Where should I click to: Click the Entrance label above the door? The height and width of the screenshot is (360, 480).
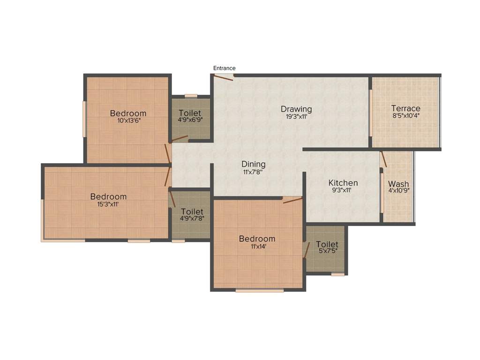tap(224, 68)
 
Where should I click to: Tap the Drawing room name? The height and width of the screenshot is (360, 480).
tap(296, 109)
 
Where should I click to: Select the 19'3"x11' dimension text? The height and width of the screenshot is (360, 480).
tap(296, 117)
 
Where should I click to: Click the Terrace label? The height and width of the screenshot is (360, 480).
tap(406, 108)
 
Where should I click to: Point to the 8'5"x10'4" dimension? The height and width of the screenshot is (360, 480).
tap(406, 116)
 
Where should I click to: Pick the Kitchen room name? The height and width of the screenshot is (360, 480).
tap(343, 183)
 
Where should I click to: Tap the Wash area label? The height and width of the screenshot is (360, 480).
tap(398, 184)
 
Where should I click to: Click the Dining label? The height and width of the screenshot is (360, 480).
tap(254, 164)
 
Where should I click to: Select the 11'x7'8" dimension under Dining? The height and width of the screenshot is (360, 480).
tap(254, 172)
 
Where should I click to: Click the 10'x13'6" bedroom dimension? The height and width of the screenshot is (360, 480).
tap(128, 120)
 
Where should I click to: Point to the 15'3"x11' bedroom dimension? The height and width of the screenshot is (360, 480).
tap(108, 204)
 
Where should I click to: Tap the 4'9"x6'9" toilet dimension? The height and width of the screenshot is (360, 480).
tap(190, 120)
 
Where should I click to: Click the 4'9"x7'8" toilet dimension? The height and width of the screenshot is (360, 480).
tap(192, 218)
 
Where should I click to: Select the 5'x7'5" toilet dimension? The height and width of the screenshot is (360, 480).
tap(327, 251)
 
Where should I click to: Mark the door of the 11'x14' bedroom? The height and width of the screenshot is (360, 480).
tap(292, 201)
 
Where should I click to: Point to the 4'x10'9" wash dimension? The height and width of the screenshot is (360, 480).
tap(398, 191)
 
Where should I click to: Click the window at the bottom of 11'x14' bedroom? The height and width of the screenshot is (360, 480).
tap(259, 291)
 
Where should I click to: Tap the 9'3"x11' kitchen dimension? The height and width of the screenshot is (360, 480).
tap(343, 190)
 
